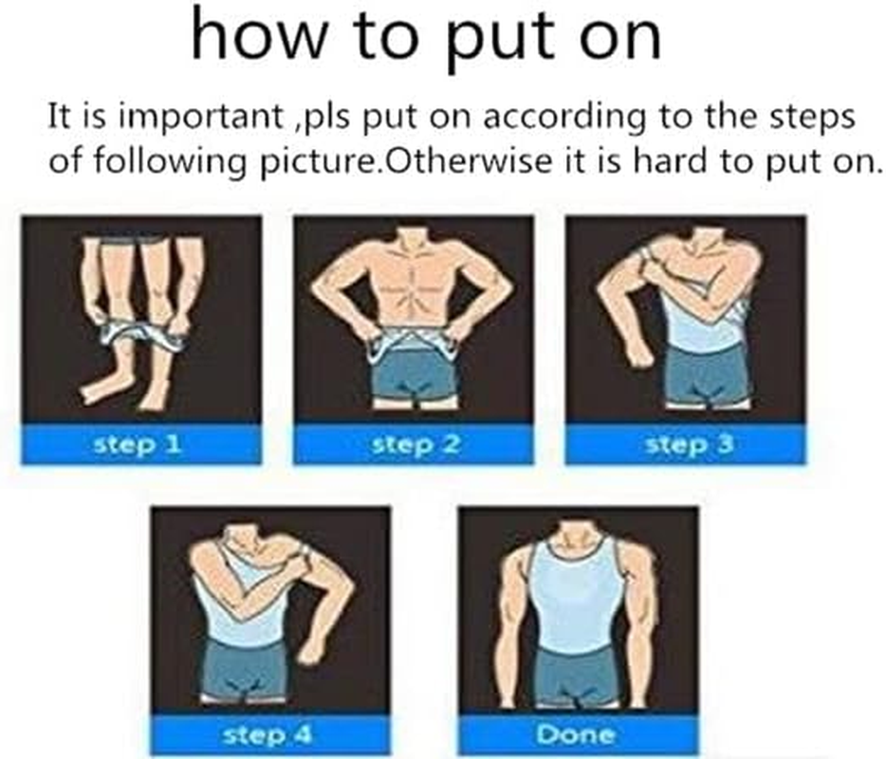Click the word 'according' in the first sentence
(548, 120)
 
